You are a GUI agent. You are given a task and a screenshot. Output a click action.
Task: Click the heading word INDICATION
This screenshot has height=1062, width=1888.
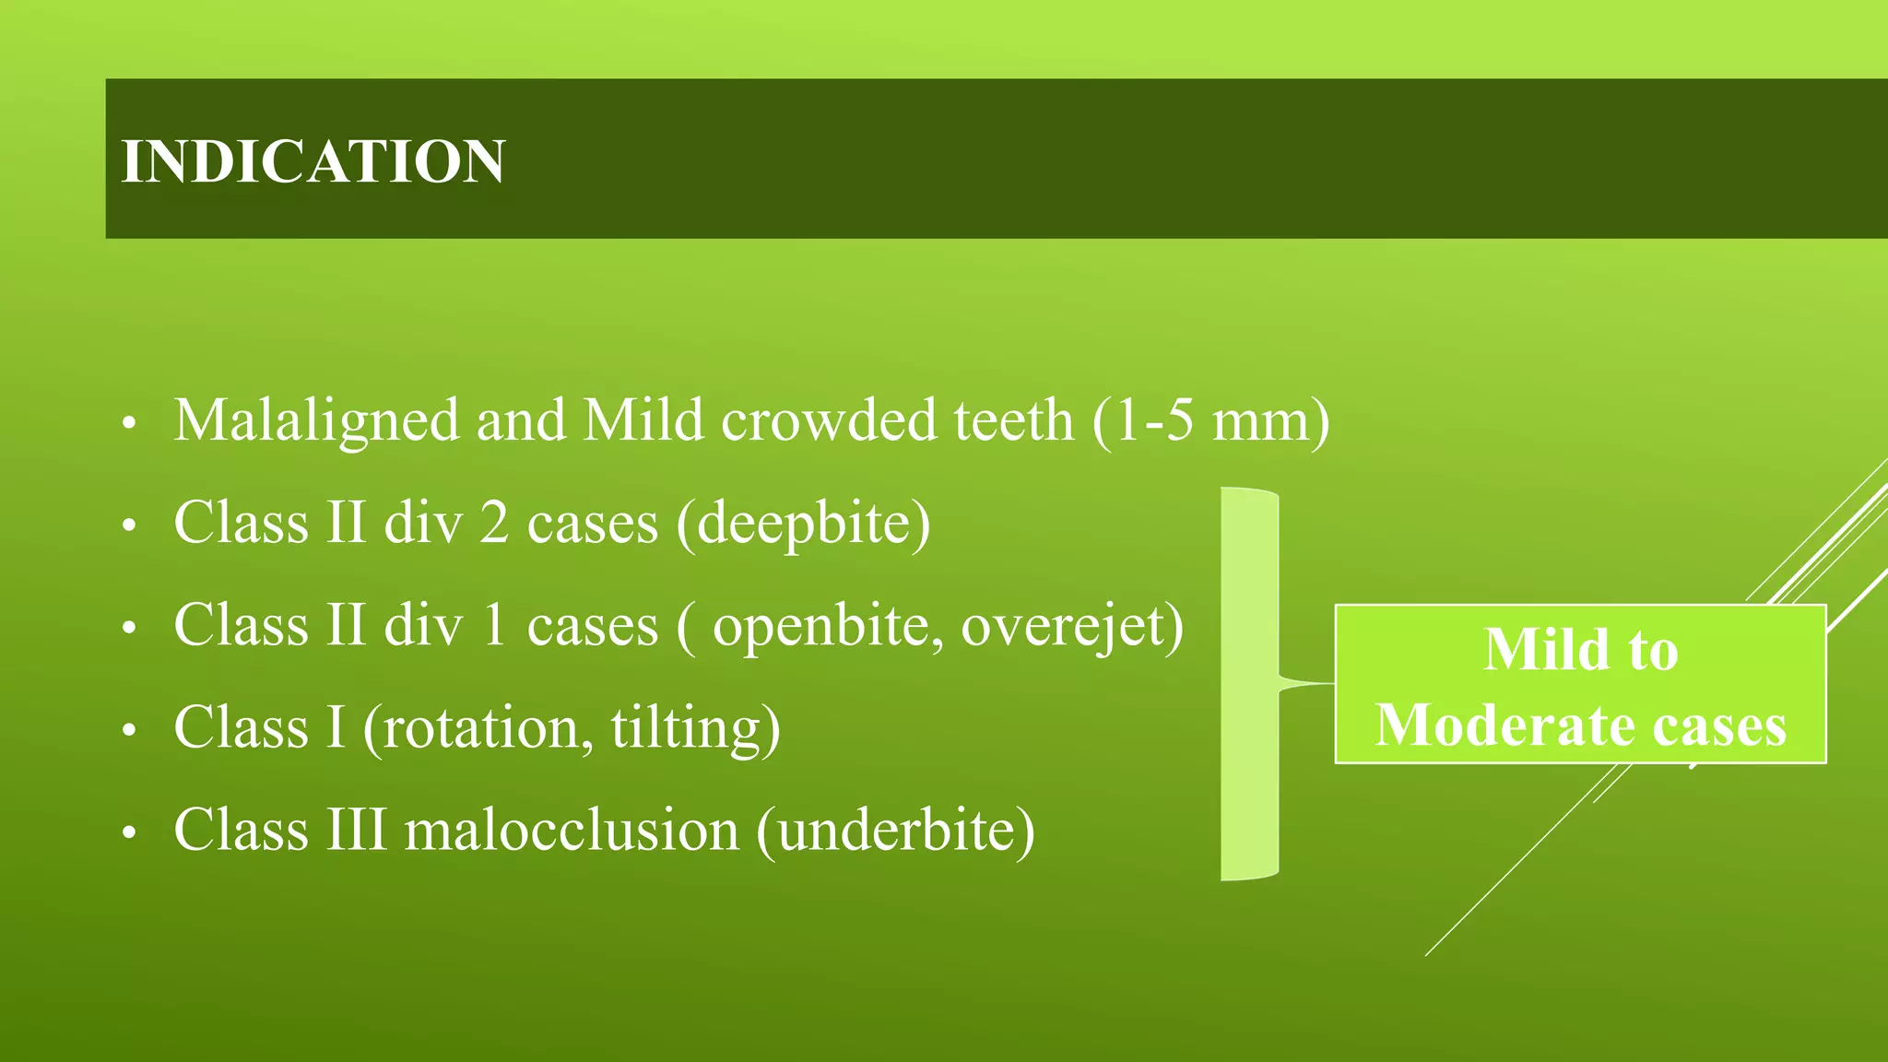pyautogui.click(x=313, y=161)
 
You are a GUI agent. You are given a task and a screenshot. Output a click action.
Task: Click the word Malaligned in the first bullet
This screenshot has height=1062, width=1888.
pyautogui.click(x=316, y=420)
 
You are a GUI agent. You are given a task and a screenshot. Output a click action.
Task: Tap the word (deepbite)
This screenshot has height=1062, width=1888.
pyautogui.click(x=803, y=523)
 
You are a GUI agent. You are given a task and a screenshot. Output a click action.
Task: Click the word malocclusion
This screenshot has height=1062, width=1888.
pyautogui.click(x=572, y=830)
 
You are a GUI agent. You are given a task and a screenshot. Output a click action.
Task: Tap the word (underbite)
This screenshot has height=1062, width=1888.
pyautogui.click(x=895, y=830)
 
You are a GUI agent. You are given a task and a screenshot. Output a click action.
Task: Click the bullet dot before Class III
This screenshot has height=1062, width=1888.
pyautogui.click(x=129, y=832)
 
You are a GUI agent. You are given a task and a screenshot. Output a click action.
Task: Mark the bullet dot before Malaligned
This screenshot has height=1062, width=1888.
pyautogui.click(x=129, y=423)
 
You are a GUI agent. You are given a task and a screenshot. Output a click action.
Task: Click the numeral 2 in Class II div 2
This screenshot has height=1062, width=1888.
pyautogui.click(x=494, y=523)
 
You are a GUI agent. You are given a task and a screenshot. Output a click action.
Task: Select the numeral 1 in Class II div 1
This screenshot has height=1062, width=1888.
pyautogui.click(x=494, y=626)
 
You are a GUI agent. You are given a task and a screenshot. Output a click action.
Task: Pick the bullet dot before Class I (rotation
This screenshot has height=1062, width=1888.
pyautogui.click(x=129, y=730)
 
